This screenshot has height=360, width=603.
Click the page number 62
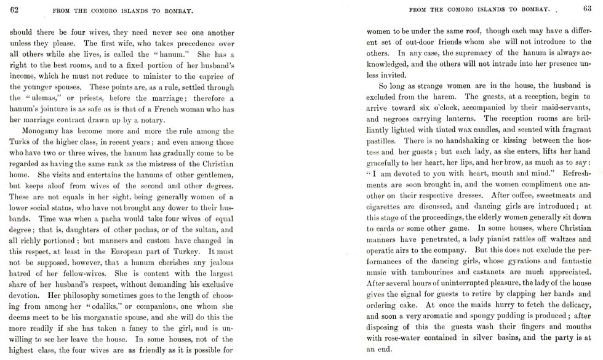(x=14, y=9)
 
